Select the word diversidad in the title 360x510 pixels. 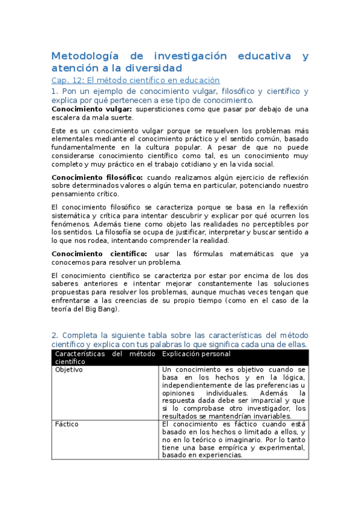pyautogui.click(x=153, y=68)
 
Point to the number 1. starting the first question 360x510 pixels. pyautogui.click(x=55, y=91)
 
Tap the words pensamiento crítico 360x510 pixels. pyautogui.click(x=85, y=194)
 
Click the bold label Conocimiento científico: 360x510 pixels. pyautogui.click(x=99, y=254)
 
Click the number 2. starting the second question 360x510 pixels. pyautogui.click(x=55, y=335)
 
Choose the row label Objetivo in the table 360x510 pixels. pyautogui.click(x=69, y=370)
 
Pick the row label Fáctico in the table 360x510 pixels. pyautogui.click(x=67, y=424)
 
